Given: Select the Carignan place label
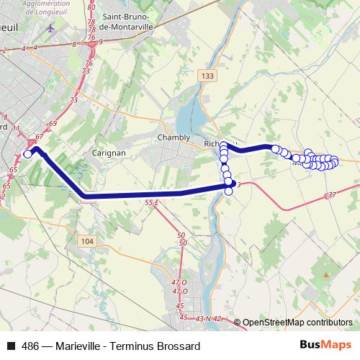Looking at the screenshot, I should pyautogui.click(x=109, y=153).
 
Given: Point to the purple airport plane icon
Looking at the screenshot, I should pyautogui.click(x=50, y=28).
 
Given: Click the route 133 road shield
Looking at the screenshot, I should pyautogui.click(x=207, y=75).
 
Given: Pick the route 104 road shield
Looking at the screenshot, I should pyautogui.click(x=86, y=241).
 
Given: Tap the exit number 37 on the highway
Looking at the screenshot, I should pyautogui.click(x=331, y=196).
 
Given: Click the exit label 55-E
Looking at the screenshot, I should pyautogui.click(x=150, y=204).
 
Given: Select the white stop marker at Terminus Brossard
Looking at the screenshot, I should pyautogui.click(x=27, y=153).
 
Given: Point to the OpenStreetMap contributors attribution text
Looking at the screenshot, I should pyautogui.click(x=297, y=323).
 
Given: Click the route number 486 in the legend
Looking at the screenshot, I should pyautogui.click(x=31, y=346).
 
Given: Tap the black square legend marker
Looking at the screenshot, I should pyautogui.click(x=10, y=346).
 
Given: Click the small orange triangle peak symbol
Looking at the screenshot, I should pyautogui.click(x=326, y=274).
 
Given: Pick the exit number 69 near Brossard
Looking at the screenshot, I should pyautogui.click(x=52, y=124).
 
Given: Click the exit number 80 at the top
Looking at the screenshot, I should pyautogui.click(x=91, y=6).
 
